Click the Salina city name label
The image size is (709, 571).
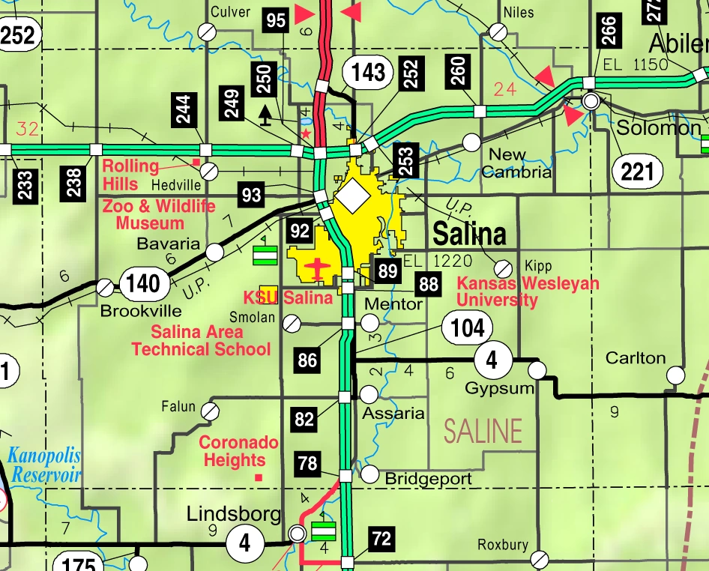469,235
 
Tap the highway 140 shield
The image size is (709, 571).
142,283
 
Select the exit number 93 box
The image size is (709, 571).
251,196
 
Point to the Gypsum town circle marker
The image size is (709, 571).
537,370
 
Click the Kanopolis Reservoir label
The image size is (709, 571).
44,465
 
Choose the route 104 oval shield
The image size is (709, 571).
467,327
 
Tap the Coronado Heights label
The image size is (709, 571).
238,452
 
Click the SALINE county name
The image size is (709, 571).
483,431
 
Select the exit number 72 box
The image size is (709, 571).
381,538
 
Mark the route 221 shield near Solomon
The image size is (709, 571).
637,172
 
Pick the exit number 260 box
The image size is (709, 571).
458,70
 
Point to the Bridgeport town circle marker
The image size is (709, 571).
370,474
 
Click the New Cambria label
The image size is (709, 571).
516,163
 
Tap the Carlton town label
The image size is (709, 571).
636,358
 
